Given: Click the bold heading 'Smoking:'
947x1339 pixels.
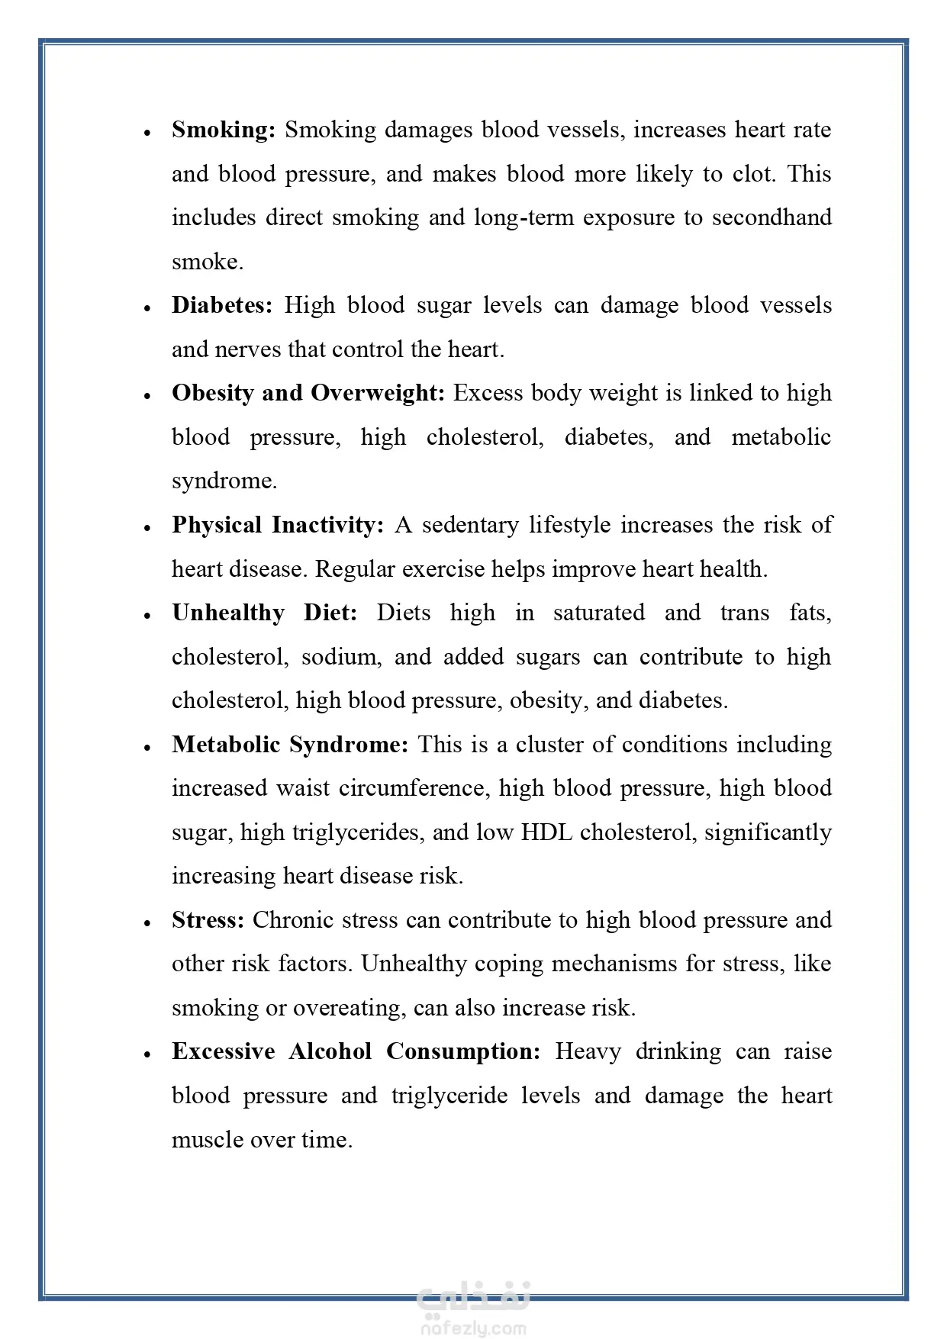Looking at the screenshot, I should [x=223, y=130].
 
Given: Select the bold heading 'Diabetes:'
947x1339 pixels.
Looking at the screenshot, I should [x=221, y=305].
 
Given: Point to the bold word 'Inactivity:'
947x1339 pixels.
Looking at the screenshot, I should [x=327, y=525].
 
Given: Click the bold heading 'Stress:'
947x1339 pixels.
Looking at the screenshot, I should [x=208, y=920].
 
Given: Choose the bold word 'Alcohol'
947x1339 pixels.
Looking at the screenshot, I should [x=330, y=1051].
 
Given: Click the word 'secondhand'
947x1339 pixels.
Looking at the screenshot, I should [x=771, y=217].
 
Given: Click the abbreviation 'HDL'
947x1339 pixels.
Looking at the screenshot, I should [x=546, y=832].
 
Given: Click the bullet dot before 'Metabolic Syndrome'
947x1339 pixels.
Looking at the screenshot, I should [x=147, y=748].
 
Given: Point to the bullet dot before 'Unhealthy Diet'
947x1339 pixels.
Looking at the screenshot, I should [x=147, y=616].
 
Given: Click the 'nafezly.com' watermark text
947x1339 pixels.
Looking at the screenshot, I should [x=473, y=1328].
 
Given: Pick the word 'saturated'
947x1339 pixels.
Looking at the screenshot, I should [x=598, y=613].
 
